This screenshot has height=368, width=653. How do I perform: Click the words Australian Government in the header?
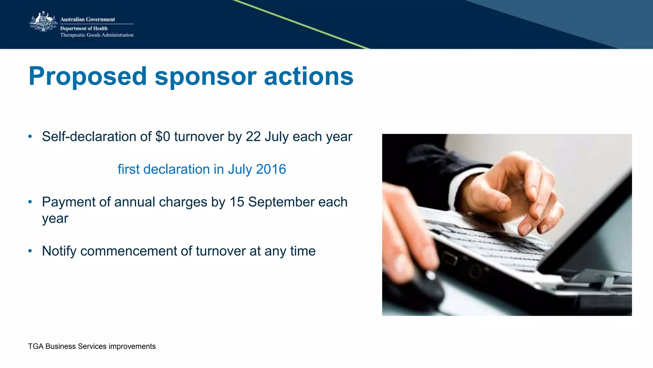coord(87,19)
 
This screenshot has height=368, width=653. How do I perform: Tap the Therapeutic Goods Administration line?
coord(97,35)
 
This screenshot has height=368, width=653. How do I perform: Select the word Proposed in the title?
coord(87,77)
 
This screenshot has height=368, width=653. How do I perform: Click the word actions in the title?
coord(309,77)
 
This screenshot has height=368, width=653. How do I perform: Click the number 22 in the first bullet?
coord(253,137)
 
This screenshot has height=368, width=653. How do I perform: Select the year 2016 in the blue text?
coord(271,169)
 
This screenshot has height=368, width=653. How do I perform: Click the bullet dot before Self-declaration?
coord(30,137)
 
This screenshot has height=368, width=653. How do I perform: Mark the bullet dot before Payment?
coord(30,202)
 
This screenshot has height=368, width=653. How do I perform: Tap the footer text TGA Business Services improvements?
coord(92,346)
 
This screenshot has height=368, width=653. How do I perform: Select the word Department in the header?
coord(73,28)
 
